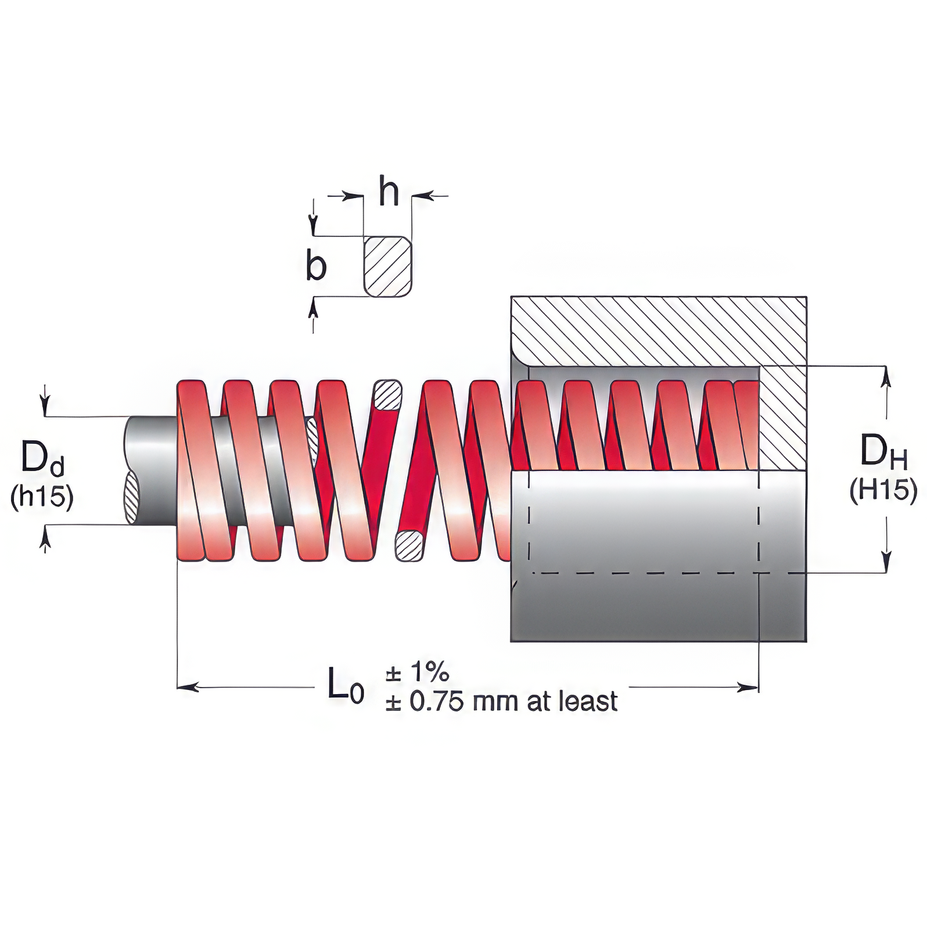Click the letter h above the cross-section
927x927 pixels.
click(389, 191)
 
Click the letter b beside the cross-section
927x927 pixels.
click(316, 267)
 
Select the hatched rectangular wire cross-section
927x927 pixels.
click(388, 267)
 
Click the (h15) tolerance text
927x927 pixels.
click(42, 498)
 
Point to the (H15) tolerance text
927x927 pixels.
click(883, 491)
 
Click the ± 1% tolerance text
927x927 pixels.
click(417, 672)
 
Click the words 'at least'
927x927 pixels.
click(572, 702)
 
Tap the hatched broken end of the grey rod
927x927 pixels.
click(132, 498)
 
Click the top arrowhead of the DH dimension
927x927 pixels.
click(885, 375)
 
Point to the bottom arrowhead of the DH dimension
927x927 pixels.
click(885, 564)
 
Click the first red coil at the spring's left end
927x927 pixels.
click(192, 470)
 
